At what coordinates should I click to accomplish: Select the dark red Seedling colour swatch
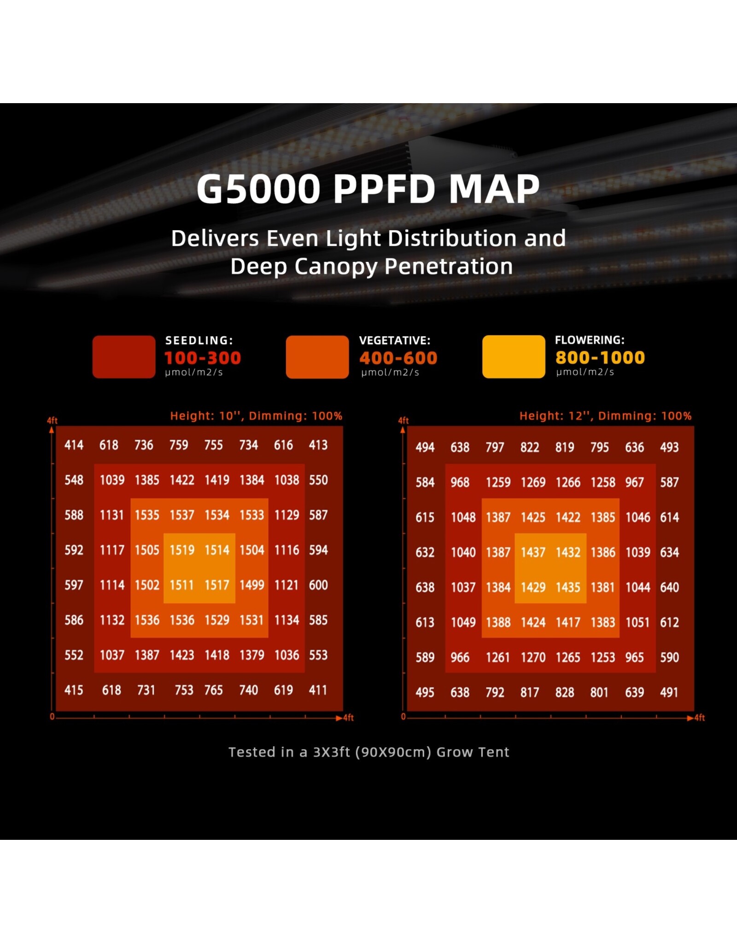point(124,357)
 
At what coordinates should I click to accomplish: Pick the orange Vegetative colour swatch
point(317,357)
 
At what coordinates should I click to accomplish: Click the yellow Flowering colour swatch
point(514,357)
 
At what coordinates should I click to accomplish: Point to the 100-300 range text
point(203,358)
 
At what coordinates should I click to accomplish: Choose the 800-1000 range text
point(600,357)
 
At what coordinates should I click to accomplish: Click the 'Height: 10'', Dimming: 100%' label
point(256,416)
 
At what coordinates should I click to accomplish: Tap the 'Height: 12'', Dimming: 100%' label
point(605,416)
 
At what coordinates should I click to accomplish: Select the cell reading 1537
point(182,515)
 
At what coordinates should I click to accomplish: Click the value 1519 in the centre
point(182,550)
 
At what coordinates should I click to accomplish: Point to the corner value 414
point(74,445)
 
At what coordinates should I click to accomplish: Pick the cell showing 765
point(213,690)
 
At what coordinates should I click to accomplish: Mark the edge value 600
point(318,585)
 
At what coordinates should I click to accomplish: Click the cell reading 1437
point(533,552)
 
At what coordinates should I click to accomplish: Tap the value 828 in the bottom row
point(565,692)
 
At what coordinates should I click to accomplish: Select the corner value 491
point(669,692)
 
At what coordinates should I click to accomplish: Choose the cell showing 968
point(460,482)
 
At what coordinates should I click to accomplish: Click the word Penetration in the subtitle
point(449,266)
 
